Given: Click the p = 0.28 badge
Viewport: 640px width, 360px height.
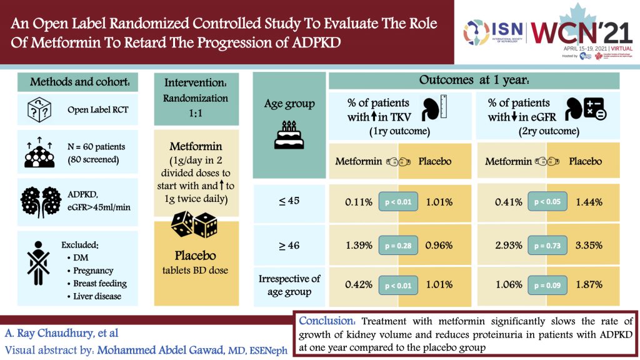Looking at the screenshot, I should (x=397, y=246).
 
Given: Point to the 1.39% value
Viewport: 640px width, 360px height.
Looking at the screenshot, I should (x=359, y=246).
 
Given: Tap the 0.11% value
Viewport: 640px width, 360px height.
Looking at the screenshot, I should (x=359, y=202).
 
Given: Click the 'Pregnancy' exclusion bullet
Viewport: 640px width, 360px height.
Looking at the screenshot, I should (x=92, y=271).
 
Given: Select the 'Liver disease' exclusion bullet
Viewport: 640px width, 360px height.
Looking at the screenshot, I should (x=97, y=296).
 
